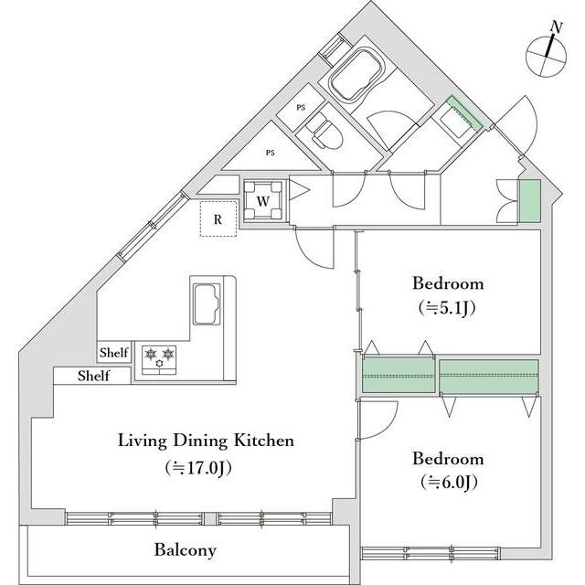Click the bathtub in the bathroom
pos(356,75)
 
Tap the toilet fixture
pos(324,132)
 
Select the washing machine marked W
pos(263,201)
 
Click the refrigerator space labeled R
pos(218,218)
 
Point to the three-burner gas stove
pos(159,359)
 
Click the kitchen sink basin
pos(206,303)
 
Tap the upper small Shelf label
pos(113,353)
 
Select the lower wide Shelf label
pos(93,376)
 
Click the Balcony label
pos(186,550)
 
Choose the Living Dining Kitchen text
pos(206,441)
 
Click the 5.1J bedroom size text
pos(447,308)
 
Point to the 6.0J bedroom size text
pos(449,483)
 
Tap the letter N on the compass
pos(557,27)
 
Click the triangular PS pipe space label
pos(271,153)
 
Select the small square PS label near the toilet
pos(301,108)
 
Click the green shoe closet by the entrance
pos(530,201)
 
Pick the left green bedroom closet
pos(399,375)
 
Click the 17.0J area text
pos(198,468)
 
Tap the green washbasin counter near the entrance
pos(465,113)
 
